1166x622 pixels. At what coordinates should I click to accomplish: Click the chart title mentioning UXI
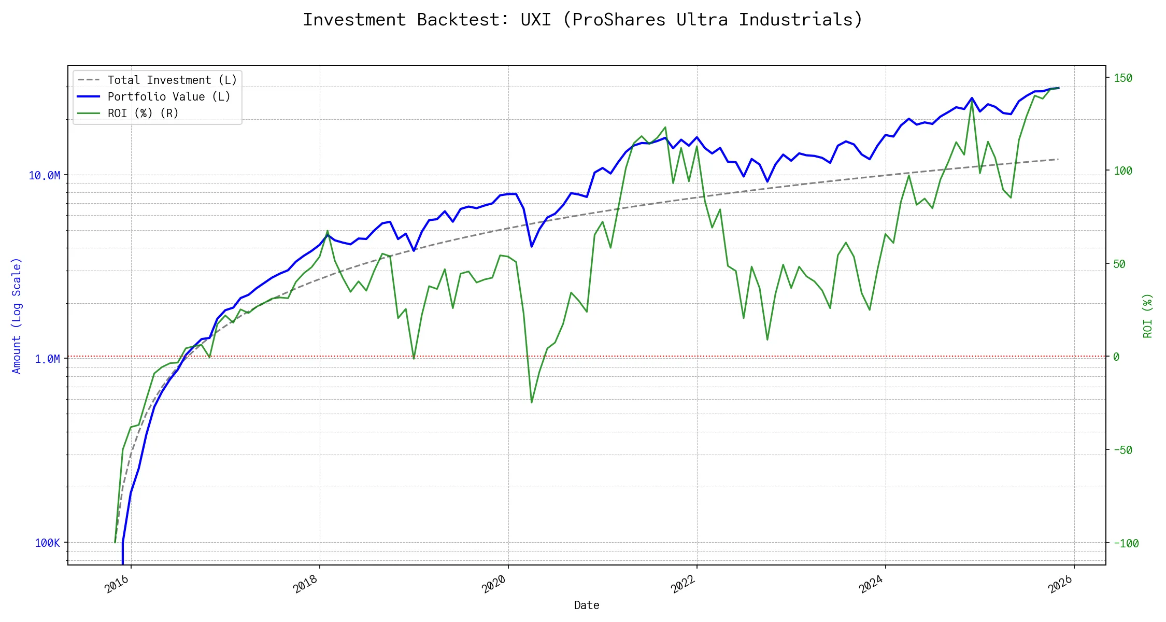[x=582, y=20]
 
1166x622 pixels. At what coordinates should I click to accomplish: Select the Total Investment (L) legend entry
[x=172, y=80]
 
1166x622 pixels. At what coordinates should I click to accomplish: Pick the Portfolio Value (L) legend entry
[x=168, y=96]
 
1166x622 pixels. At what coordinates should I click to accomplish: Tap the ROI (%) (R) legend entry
[x=143, y=113]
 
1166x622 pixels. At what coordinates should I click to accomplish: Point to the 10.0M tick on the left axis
[x=44, y=175]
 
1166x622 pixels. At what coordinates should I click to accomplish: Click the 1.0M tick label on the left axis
[x=47, y=359]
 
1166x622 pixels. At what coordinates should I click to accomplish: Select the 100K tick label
[x=47, y=543]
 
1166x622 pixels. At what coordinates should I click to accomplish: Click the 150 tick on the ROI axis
[x=1123, y=78]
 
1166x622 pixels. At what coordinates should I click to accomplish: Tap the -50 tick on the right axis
[x=1123, y=450]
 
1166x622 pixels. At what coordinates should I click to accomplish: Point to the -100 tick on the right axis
[x=1126, y=543]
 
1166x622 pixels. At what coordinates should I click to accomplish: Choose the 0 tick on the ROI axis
[x=1116, y=357]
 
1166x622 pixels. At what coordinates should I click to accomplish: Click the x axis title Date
[x=587, y=605]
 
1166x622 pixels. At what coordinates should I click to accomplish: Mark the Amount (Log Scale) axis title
[x=17, y=315]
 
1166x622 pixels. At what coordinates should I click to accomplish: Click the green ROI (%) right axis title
[x=1147, y=315]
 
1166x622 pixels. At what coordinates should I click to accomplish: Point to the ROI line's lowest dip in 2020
[x=532, y=402]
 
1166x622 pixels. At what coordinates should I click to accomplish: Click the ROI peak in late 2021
[x=665, y=127]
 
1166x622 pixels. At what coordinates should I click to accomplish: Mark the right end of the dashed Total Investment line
[x=1058, y=159]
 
